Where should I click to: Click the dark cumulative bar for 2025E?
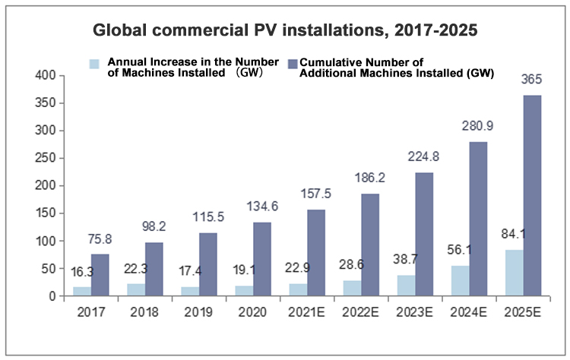click(532, 195)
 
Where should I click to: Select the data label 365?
click(531, 79)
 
